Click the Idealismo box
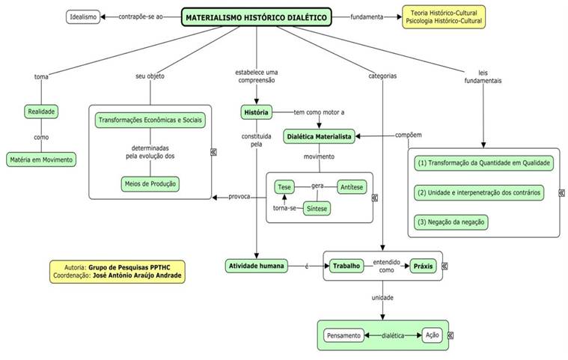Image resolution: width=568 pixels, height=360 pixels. [82, 16]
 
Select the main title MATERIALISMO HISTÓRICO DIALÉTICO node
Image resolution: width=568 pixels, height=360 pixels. [256, 16]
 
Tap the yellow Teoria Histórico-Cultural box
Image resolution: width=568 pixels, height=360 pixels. [444, 16]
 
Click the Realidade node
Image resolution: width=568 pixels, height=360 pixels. [42, 112]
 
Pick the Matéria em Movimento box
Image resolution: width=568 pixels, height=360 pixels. [42, 159]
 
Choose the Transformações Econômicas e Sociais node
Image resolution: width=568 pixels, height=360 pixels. [150, 120]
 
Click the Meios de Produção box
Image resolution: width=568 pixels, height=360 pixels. [150, 183]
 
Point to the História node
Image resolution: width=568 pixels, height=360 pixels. [255, 112]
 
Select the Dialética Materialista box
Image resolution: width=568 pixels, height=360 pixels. [319, 136]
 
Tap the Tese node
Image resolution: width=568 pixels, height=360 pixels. [284, 186]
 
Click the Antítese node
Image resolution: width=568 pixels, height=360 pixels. [352, 186]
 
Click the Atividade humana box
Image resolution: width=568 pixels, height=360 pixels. [256, 265]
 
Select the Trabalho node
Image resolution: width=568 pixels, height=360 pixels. [346, 265]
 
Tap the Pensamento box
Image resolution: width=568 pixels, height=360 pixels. [343, 336]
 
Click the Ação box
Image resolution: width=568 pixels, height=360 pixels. [432, 335]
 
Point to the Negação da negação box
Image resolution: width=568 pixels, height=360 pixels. [451, 222]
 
